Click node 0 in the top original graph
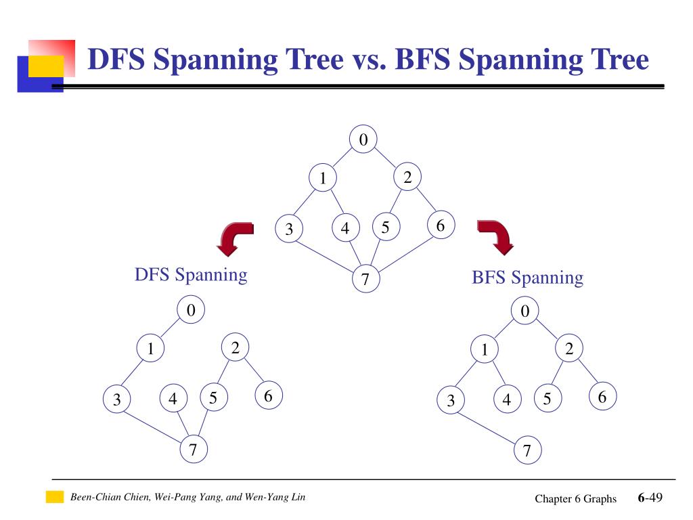[363, 140]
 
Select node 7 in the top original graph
[365, 279]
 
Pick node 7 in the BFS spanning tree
[528, 451]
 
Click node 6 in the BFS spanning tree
[602, 397]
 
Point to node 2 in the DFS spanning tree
[236, 349]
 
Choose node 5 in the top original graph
[386, 227]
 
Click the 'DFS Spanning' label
[191, 275]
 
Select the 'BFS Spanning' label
[527, 278]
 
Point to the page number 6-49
[649, 498]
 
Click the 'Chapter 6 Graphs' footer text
[575, 499]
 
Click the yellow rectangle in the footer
[54, 498]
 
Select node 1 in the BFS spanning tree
[485, 350]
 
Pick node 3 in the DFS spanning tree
[117, 400]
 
